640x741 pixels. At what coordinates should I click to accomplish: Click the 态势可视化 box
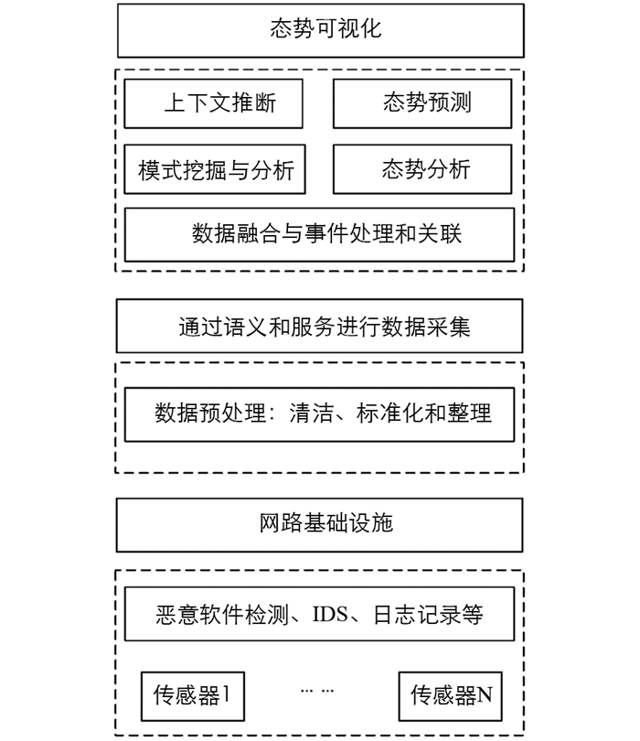(x=321, y=31)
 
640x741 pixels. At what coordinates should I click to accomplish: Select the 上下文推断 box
(x=214, y=103)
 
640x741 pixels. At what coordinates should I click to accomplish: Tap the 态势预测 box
(x=422, y=103)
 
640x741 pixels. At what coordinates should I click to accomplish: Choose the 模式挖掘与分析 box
(x=215, y=169)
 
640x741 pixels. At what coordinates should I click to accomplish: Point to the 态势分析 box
(x=422, y=169)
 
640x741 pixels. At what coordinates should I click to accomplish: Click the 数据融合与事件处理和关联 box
(x=319, y=235)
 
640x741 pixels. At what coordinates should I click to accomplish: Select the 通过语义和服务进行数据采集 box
(x=320, y=326)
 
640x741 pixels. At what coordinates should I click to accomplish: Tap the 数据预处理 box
(x=319, y=415)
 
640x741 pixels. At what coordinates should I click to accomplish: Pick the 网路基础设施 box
(x=320, y=525)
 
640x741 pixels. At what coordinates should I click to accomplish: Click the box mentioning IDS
(x=319, y=614)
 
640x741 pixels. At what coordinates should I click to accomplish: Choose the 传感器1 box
(x=193, y=696)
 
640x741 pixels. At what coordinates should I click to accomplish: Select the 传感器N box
(x=450, y=696)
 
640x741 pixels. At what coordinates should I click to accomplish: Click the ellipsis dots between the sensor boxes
(x=317, y=691)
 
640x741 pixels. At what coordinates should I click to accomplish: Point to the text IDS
(x=330, y=615)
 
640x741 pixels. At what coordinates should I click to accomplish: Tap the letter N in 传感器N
(x=485, y=695)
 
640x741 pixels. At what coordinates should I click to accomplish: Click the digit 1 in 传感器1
(x=226, y=694)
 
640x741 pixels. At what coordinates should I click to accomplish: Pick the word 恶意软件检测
(x=222, y=615)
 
